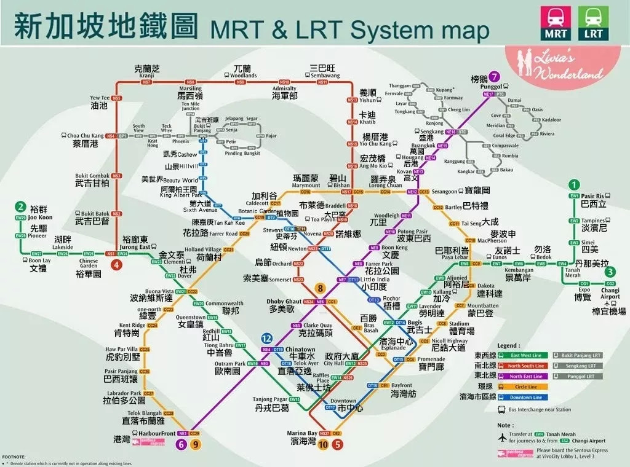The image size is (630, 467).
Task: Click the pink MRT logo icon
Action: (554, 24)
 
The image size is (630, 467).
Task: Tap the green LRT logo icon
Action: (594, 24)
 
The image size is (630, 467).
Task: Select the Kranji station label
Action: (147, 74)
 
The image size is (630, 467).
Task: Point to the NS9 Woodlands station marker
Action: (241, 82)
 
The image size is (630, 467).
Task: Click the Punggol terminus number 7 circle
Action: (495, 77)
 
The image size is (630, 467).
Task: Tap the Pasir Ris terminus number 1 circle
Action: (574, 184)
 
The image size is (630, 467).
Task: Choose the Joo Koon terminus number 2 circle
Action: (21, 207)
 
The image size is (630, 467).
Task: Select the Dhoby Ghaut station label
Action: (284, 302)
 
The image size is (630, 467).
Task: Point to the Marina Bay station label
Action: (303, 434)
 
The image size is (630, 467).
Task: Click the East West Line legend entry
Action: (525, 356)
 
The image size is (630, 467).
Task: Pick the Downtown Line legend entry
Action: (525, 398)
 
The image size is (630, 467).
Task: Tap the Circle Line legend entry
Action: (525, 387)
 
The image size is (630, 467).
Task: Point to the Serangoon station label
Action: (444, 192)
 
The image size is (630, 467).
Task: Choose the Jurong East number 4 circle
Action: (116, 265)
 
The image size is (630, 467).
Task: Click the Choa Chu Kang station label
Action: (85, 135)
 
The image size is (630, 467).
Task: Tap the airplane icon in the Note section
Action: (501, 438)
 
